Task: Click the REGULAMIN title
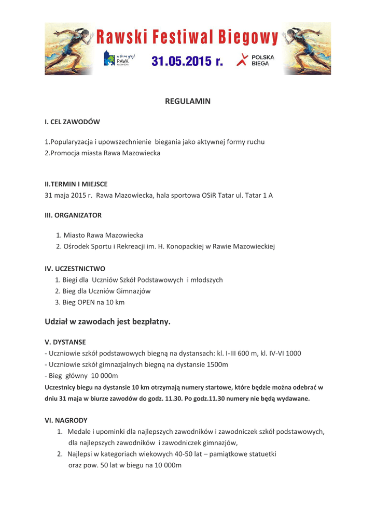click(x=188, y=101)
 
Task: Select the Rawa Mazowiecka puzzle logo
click(x=117, y=59)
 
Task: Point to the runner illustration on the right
click(x=308, y=50)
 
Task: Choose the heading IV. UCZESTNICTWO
click(x=75, y=269)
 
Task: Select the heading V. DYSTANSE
click(x=65, y=342)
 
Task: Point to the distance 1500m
click(x=216, y=364)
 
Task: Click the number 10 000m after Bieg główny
click(x=105, y=375)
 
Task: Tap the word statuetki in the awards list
click(x=260, y=453)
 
